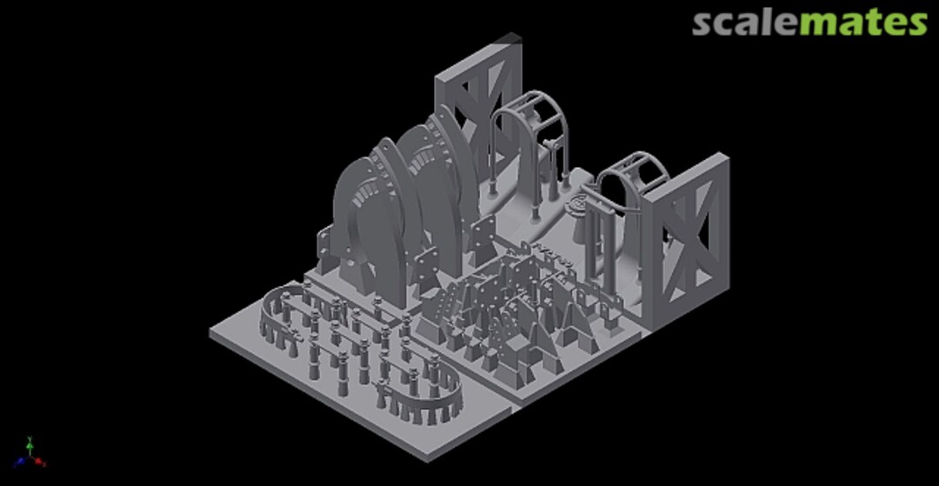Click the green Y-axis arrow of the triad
[x=30, y=446]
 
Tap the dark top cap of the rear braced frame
[x=508, y=38]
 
